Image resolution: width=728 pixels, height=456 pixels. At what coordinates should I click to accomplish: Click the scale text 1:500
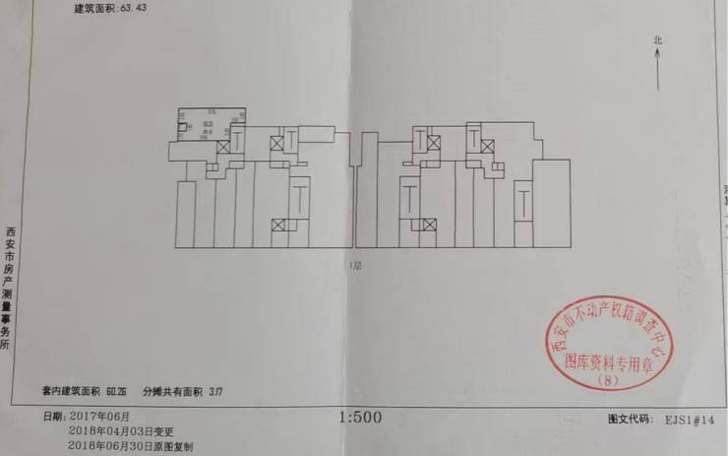360,418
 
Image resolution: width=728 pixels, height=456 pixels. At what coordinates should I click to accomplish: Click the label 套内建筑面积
72,391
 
